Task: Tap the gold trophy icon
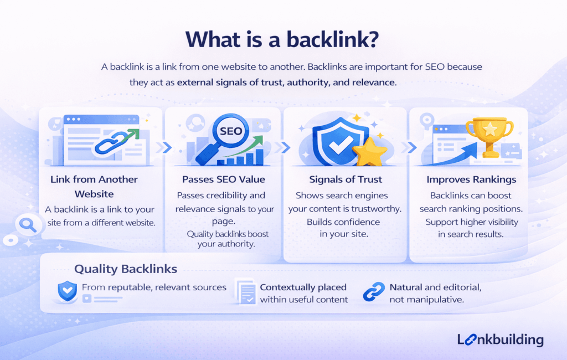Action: tap(489, 135)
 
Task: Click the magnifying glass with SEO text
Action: tap(224, 135)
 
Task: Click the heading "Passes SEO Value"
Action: tap(224, 179)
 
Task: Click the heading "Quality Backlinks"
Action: tap(126, 269)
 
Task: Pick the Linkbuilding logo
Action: tap(501, 340)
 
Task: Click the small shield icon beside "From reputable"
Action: tap(68, 289)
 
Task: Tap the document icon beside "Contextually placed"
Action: tap(244, 292)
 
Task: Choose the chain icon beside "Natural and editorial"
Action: tap(374, 292)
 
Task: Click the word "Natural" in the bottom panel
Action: tap(406, 287)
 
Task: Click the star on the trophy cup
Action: tap(489, 129)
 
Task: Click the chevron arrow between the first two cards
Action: tap(162, 148)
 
